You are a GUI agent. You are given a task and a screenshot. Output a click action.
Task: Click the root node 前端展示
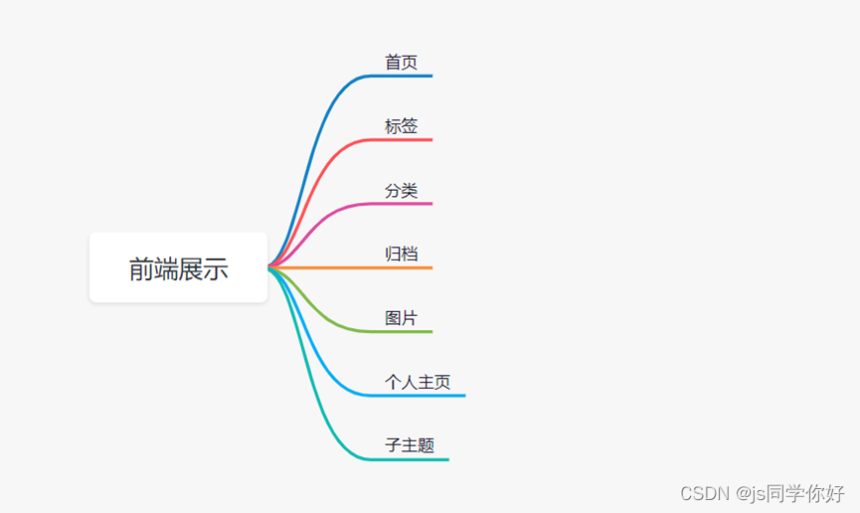coord(178,267)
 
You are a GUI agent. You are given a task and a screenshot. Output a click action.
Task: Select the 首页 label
coord(402,62)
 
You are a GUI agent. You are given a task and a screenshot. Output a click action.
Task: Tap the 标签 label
coord(402,126)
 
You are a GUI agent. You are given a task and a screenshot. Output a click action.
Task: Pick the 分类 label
coord(402,190)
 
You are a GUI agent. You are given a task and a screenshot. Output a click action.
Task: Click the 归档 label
coord(402,254)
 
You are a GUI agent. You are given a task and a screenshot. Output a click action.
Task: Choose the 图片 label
coord(402,318)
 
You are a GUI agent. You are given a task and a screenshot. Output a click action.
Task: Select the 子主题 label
coord(410,445)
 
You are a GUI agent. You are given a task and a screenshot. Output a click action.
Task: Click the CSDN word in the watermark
coord(701,493)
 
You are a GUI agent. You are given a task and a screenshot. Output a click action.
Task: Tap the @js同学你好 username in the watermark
coord(789,493)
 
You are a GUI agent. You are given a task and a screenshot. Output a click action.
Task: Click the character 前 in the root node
coord(141,268)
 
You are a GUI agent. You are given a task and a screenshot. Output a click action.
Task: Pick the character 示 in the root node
coord(216,268)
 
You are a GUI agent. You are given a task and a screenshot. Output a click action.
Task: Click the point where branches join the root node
coord(270,267)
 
